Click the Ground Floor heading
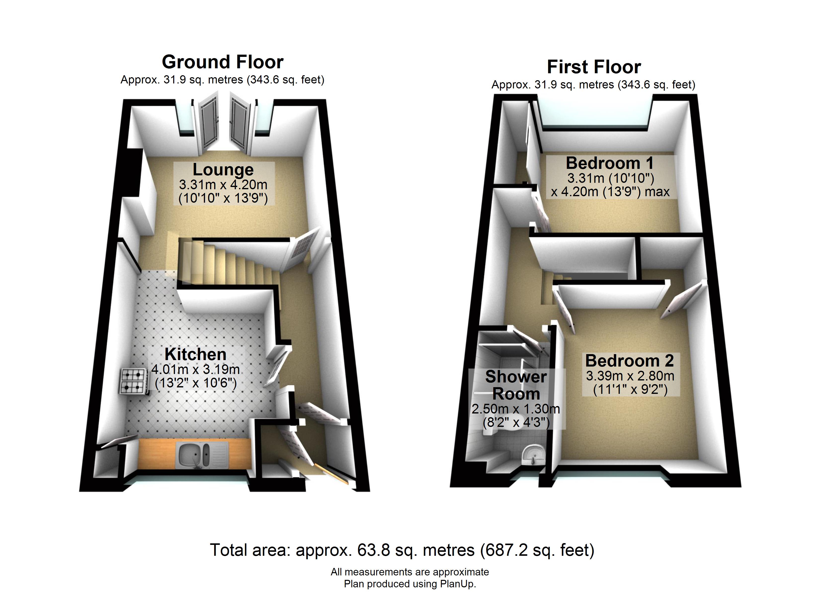click(x=222, y=62)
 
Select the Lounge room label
click(x=223, y=170)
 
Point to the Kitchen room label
click(x=195, y=354)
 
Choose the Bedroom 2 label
click(x=629, y=361)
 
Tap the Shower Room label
click(x=516, y=385)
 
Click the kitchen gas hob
click(x=133, y=381)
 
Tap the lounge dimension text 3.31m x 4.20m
click(x=223, y=185)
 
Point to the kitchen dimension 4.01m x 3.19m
click(x=195, y=369)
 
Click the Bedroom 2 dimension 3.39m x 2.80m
click(x=630, y=376)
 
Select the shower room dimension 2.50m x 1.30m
click(x=516, y=409)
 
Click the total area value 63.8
click(x=373, y=550)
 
